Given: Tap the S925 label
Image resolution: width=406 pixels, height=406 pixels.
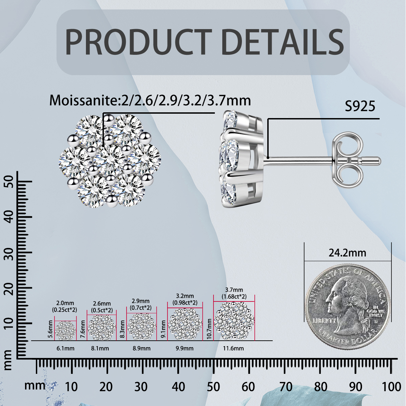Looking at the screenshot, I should [360, 106].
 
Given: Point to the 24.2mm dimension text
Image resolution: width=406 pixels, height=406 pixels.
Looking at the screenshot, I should [347, 253].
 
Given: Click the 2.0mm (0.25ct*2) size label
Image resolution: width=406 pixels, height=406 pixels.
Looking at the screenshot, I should [65, 307].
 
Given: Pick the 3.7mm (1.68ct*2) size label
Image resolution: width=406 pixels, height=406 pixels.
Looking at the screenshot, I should [234, 293].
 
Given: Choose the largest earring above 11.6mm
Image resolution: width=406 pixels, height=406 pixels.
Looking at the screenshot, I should [234, 321].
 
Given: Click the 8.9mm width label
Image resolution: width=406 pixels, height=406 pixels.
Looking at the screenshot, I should [141, 348].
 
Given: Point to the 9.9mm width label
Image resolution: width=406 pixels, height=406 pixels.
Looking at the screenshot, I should [184, 348].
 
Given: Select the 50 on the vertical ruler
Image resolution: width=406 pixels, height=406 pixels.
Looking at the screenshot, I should [9, 182].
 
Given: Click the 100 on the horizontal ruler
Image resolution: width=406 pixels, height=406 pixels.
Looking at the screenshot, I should [391, 387].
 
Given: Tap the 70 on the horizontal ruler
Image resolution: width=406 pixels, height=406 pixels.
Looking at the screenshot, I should [286, 387].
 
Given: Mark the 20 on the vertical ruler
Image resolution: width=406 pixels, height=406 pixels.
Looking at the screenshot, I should [9, 288].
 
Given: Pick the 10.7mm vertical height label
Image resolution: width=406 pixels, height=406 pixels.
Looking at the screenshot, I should [209, 329].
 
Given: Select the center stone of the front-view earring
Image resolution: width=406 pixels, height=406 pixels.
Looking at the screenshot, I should [109, 160].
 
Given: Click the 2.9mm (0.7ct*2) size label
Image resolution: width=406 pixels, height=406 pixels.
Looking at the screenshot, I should [141, 304].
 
